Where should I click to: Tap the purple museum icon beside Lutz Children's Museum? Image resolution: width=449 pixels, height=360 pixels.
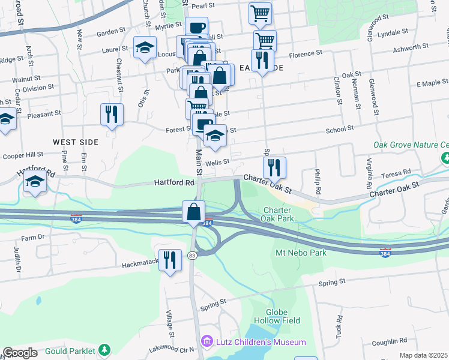point(208,341)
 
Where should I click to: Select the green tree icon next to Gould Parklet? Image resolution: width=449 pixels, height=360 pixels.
point(105,349)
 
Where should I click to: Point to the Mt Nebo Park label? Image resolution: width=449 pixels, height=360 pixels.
point(301,253)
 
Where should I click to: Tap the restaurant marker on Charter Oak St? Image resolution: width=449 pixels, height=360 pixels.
point(274,168)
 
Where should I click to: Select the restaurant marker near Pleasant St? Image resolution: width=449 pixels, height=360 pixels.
point(112,114)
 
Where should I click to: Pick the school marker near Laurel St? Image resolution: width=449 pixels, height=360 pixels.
point(145,49)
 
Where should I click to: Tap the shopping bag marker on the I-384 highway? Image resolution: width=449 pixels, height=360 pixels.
point(193,212)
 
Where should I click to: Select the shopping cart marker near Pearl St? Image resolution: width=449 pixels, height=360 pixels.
point(260,13)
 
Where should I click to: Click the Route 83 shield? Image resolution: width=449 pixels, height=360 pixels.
point(192,238)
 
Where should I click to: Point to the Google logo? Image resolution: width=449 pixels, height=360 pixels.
point(20,353)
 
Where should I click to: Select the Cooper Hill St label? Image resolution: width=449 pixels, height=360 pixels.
point(23,155)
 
